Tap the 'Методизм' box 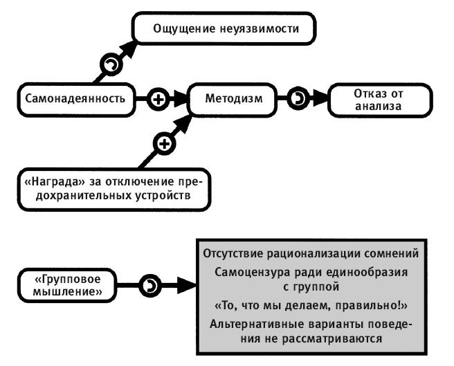pos(234,98)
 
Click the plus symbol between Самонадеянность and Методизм pos(158,98)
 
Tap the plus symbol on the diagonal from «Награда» pos(165,144)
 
